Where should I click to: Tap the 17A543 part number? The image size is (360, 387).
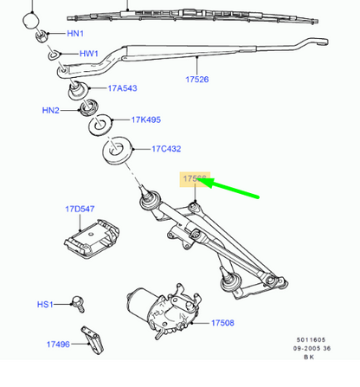tap(125, 87)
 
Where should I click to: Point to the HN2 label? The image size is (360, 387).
tap(50, 111)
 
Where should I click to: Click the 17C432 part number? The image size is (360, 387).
tap(166, 149)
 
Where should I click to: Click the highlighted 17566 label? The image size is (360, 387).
tap(195, 179)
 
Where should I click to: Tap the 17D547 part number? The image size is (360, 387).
tap(79, 210)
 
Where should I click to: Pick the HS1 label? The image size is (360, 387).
tap(45, 304)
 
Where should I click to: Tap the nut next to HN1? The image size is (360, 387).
tap(42, 35)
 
